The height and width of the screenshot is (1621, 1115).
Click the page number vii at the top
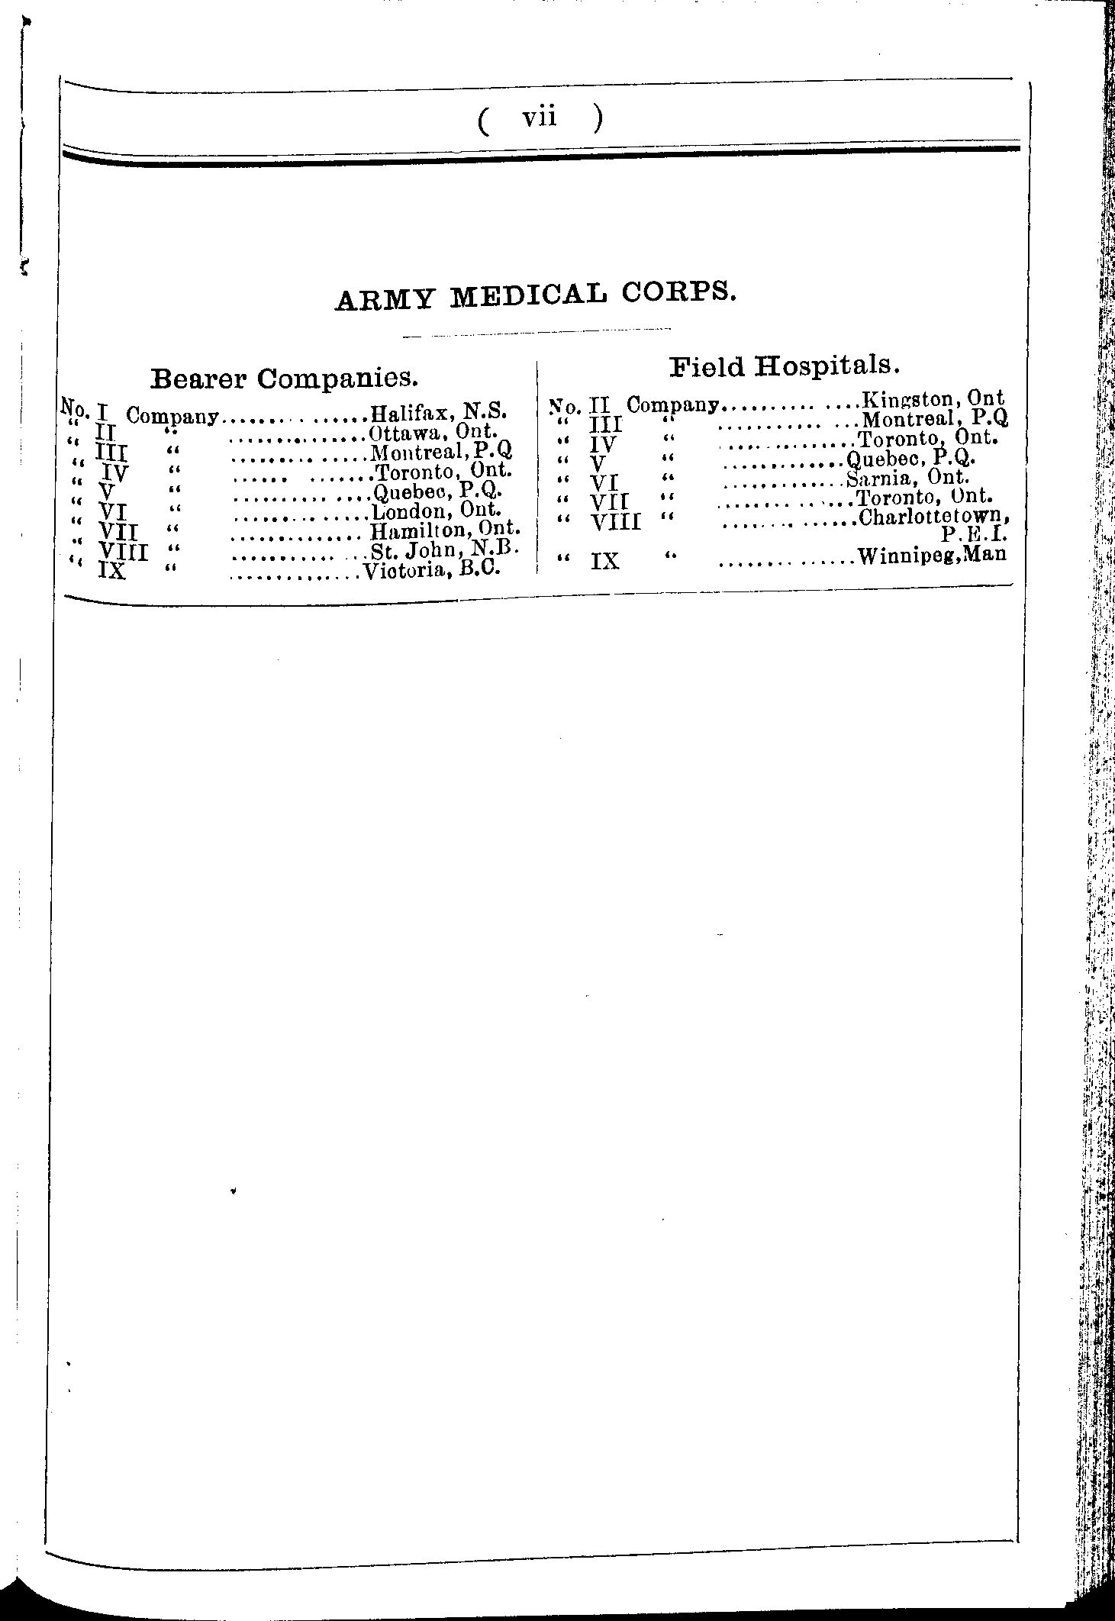click(x=540, y=118)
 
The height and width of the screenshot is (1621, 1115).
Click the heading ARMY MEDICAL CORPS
click(x=536, y=296)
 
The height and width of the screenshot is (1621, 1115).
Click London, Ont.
click(x=436, y=511)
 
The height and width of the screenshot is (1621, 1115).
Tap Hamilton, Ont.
click(x=445, y=530)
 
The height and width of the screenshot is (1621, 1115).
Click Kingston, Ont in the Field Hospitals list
click(x=932, y=398)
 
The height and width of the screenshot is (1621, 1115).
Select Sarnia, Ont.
click(x=907, y=479)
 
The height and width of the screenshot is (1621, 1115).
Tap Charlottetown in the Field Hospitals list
click(x=938, y=517)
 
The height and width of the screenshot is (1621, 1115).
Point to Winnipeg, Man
click(x=932, y=556)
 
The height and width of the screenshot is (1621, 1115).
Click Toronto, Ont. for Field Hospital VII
click(x=923, y=498)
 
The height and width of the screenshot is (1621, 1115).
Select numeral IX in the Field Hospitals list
click(x=604, y=562)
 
